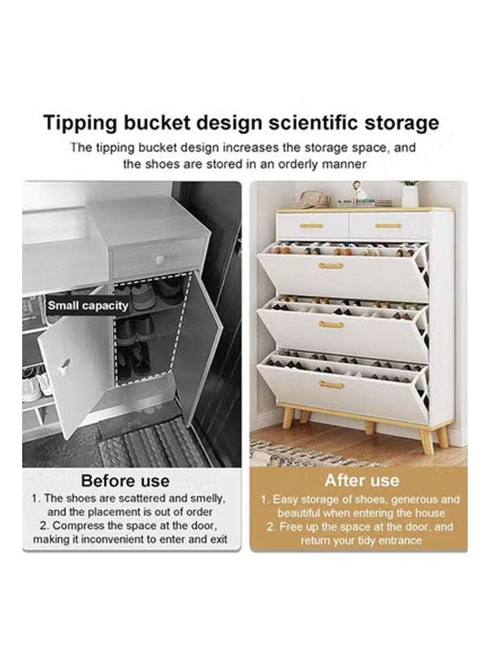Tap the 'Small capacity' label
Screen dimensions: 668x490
pos(88,306)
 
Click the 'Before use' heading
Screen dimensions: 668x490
pos(125,480)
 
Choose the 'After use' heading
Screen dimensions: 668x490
pos(362,480)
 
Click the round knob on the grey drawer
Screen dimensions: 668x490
pos(160,260)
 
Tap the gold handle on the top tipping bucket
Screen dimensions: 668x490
pos(331,266)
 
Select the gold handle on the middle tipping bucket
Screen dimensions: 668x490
pos(331,325)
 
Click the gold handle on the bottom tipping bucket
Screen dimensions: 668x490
pos(331,385)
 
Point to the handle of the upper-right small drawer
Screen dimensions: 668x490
pos(388,225)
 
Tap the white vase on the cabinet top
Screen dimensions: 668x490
pos(410,195)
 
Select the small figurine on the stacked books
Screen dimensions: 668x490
pos(360,192)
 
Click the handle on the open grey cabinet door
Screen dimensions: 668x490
pos(65,368)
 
